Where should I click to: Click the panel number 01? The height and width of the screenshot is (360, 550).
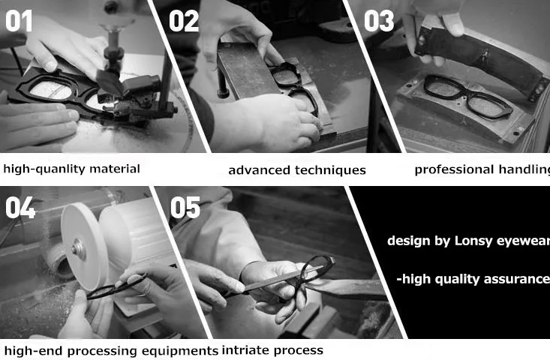click(x=19, y=21)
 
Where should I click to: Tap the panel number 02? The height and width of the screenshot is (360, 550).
click(x=184, y=21)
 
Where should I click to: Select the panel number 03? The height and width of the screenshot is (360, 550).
click(x=379, y=21)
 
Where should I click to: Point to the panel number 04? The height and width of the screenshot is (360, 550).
click(x=20, y=208)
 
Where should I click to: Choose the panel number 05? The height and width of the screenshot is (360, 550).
click(x=185, y=208)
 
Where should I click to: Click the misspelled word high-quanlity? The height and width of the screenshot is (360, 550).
click(x=44, y=169)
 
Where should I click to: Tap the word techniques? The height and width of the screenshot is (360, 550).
click(x=330, y=170)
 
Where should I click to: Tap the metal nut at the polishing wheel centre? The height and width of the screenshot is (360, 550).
click(x=78, y=250)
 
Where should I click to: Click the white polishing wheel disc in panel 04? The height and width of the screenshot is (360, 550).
click(x=84, y=247)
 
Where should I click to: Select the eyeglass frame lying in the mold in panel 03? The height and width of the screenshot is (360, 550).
click(x=464, y=97)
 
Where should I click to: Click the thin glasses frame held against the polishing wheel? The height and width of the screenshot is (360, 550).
click(x=116, y=288)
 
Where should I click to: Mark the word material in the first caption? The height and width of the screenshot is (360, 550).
click(x=115, y=169)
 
